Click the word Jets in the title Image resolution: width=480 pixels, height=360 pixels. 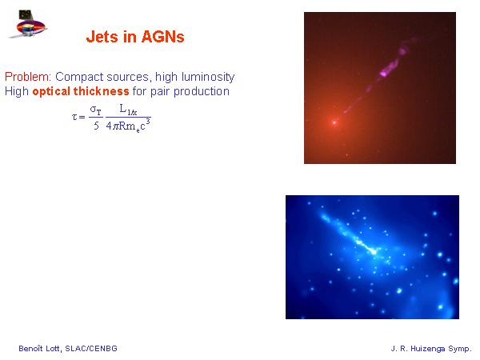[x=102, y=37]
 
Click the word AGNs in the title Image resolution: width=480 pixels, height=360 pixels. [x=163, y=37]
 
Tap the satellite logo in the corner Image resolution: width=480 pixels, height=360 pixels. [x=27, y=24]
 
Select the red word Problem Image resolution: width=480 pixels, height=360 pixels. [x=28, y=77]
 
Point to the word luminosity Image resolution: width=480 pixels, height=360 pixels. [x=208, y=77]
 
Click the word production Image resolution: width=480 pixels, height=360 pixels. [x=202, y=91]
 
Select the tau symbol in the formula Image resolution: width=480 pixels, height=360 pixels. [x=74, y=117]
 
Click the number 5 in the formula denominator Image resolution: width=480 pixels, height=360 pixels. [x=97, y=126]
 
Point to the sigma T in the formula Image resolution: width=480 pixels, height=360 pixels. [x=95, y=110]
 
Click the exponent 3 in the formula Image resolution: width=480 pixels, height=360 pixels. [x=148, y=122]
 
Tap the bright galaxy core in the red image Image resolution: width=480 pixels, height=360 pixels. [x=334, y=122]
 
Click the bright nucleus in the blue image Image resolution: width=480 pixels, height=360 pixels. [x=374, y=252]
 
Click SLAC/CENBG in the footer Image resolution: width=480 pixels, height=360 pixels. [x=91, y=348]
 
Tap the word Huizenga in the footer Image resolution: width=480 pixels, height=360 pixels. [x=428, y=349]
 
